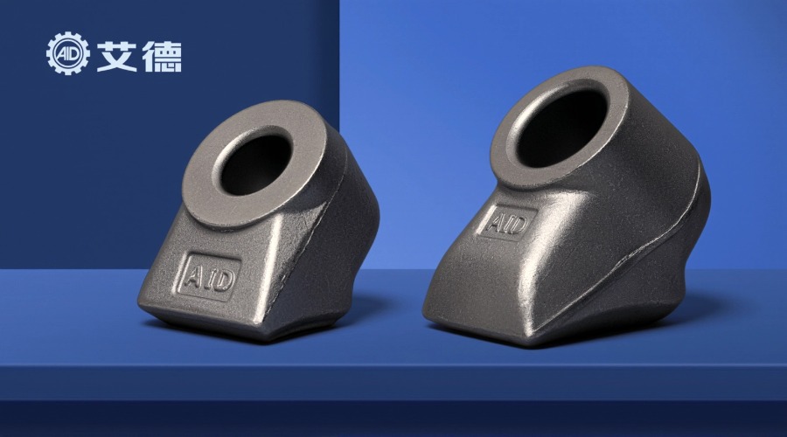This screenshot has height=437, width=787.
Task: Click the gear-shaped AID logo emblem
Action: click(x=67, y=53)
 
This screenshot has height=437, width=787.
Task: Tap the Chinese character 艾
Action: click(x=117, y=56)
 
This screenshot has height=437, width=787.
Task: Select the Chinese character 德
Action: click(x=162, y=56)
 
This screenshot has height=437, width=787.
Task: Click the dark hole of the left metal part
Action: click(x=256, y=164)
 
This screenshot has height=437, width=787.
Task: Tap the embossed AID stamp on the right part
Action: click(x=507, y=222)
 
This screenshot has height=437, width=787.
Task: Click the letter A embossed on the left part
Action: click(x=192, y=275)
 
